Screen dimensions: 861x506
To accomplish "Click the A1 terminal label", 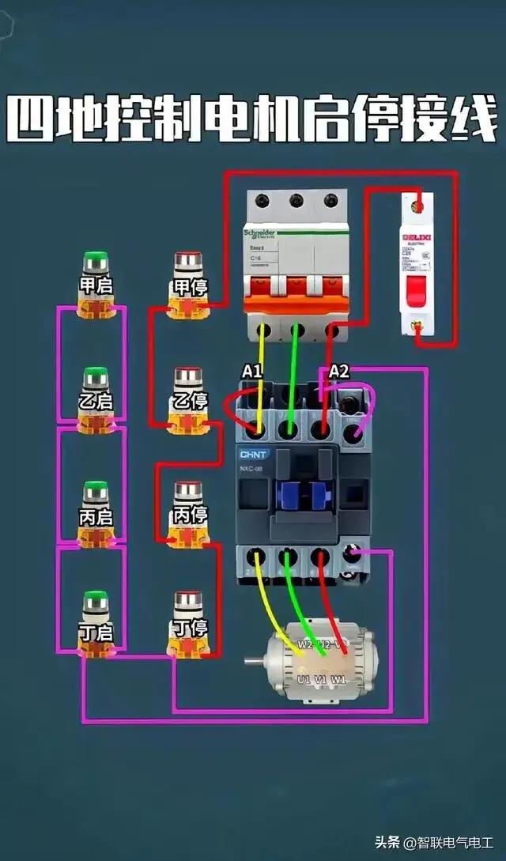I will coord(252,370).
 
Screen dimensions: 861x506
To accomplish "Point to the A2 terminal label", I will coord(339,370).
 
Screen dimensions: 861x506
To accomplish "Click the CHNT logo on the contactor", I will coord(254,455).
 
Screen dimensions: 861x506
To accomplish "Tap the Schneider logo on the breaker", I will coord(259,234).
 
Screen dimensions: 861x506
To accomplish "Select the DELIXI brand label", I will coord(417,236).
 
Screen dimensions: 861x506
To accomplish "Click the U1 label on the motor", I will coord(304,679).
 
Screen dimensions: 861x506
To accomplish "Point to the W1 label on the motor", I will coord(338,679).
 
